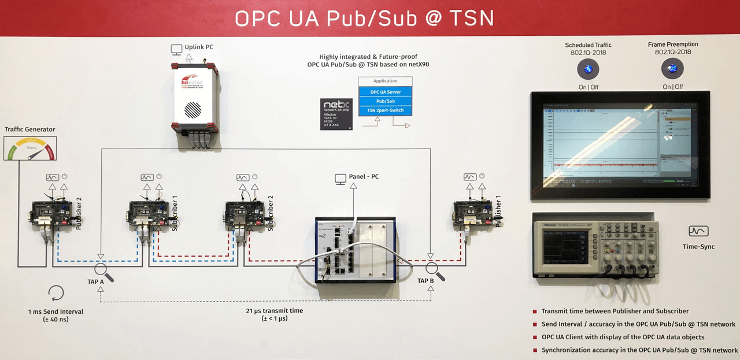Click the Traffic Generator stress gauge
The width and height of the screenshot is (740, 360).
[31, 149]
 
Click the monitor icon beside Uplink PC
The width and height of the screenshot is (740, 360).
[176, 48]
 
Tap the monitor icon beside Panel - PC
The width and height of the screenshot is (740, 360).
[341, 179]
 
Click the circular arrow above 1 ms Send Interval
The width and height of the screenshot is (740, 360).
[56, 292]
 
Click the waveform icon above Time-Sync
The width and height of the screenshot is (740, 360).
[698, 231]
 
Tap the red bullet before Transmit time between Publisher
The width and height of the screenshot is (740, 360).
[535, 311]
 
